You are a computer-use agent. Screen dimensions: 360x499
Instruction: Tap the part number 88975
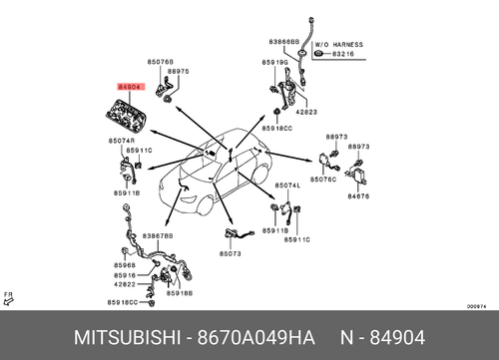click(x=179, y=72)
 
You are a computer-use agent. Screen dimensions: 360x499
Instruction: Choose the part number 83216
click(x=341, y=54)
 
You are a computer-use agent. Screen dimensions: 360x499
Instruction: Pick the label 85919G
click(x=275, y=63)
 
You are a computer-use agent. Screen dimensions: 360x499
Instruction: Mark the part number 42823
click(x=305, y=113)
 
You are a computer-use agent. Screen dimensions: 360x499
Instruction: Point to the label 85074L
click(x=286, y=185)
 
